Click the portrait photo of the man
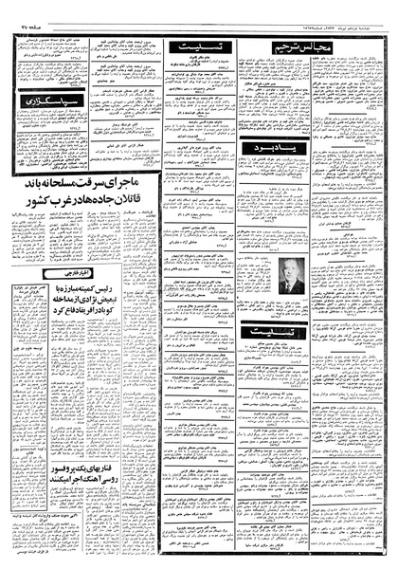288,274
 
